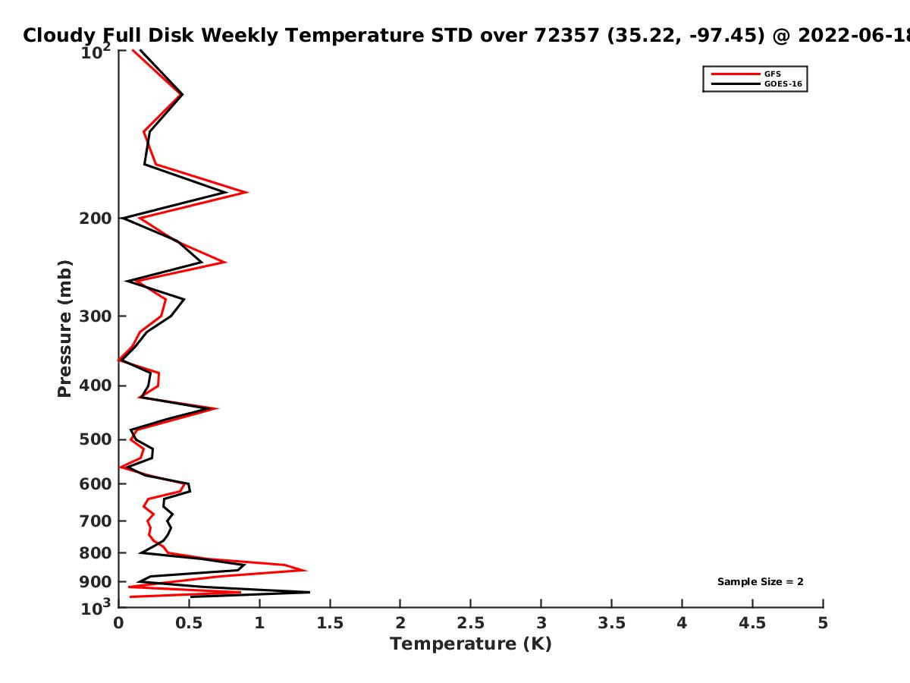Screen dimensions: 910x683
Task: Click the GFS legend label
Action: pyautogui.click(x=772, y=74)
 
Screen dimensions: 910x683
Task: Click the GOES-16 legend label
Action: pyautogui.click(x=783, y=83)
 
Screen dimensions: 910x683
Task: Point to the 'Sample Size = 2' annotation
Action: pyautogui.click(x=761, y=582)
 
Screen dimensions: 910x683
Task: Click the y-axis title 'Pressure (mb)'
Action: pyautogui.click(x=64, y=329)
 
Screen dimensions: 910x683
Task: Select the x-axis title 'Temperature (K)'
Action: pyautogui.click(x=471, y=644)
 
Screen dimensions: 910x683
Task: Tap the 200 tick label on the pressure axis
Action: pyautogui.click(x=96, y=218)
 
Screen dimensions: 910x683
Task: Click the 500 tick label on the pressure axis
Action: pyautogui.click(x=96, y=439)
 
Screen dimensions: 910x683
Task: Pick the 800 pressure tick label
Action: pyautogui.click(x=96, y=552)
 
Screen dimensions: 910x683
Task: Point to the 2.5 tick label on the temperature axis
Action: pyautogui.click(x=471, y=623)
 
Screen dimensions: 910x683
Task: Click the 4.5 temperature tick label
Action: pyautogui.click(x=752, y=623)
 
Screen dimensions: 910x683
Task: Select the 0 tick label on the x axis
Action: pyautogui.click(x=118, y=623)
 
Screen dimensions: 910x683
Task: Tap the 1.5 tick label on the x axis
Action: pyautogui.click(x=330, y=623)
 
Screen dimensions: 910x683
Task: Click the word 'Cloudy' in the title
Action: pyautogui.click(x=59, y=36)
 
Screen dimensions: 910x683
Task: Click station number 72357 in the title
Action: pyautogui.click(x=566, y=35)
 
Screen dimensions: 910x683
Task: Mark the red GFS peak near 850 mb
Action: pyautogui.click(x=306, y=570)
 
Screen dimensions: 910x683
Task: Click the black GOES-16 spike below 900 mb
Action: pyautogui.click(x=309, y=592)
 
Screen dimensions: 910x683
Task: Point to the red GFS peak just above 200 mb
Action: pyautogui.click(x=247, y=192)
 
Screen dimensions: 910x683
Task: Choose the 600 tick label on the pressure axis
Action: pyautogui.click(x=96, y=483)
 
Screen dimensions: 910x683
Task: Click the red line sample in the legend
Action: pyautogui.click(x=736, y=74)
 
